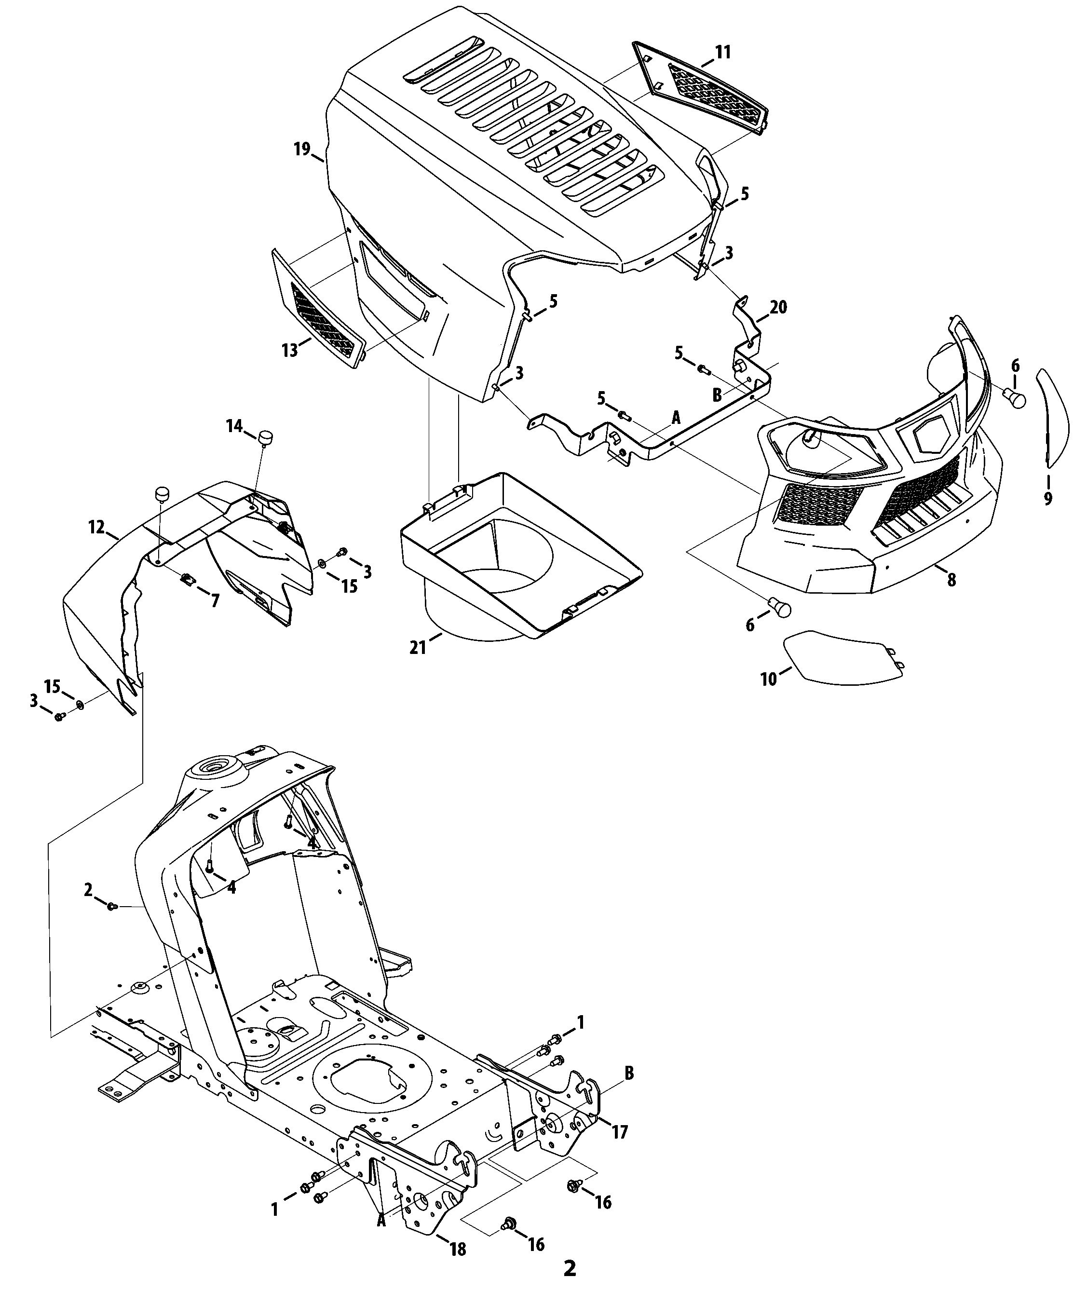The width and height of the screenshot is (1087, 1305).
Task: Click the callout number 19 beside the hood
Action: [x=301, y=150]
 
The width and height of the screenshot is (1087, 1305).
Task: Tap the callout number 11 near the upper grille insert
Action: [x=722, y=52]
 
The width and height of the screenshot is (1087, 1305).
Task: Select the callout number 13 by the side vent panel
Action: [x=290, y=351]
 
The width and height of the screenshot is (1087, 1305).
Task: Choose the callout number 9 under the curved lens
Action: [x=1048, y=498]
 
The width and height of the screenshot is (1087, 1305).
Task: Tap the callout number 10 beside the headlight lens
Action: [x=769, y=679]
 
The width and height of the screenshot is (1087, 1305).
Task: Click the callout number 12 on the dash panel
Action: [x=96, y=528]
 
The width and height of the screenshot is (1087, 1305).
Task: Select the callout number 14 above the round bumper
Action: [x=234, y=426]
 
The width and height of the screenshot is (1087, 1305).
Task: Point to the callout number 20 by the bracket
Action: [x=778, y=307]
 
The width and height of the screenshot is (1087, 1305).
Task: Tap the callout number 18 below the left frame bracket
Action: [x=458, y=1249]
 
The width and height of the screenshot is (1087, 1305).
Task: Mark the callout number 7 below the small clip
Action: [x=215, y=601]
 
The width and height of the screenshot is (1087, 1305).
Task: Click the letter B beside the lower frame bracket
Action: [x=629, y=1073]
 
